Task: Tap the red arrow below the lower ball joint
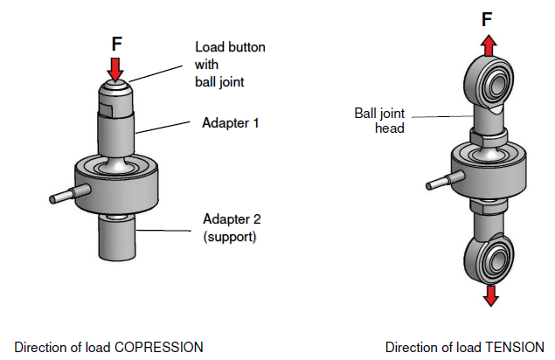coord(490,294)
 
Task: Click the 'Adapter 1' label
coord(231,123)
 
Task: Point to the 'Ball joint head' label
coord(379,120)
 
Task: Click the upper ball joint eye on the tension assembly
coord(491,84)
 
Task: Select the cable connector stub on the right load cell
coord(438,184)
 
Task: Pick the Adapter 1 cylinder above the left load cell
coord(115,131)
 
